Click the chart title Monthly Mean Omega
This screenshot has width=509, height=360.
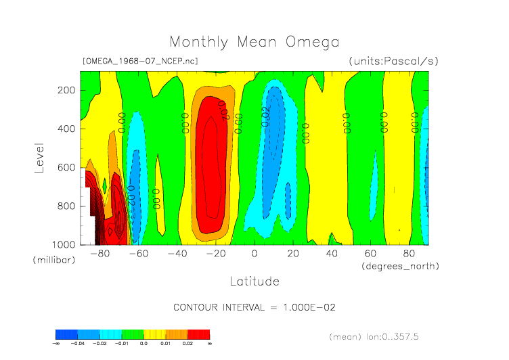click(254, 42)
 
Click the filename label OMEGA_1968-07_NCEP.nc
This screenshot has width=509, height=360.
click(139, 61)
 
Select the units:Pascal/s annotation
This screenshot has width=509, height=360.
click(393, 61)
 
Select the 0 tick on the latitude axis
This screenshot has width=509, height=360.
click(255, 254)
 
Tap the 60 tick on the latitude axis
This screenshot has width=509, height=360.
click(370, 254)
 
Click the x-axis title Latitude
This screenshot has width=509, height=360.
click(254, 281)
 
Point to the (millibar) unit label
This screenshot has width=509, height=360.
click(52, 260)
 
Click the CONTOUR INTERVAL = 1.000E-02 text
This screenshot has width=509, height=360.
click(255, 307)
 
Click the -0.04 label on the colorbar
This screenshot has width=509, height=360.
click(78, 344)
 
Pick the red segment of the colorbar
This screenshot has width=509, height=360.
click(199, 334)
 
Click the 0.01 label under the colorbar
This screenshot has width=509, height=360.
click(165, 344)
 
